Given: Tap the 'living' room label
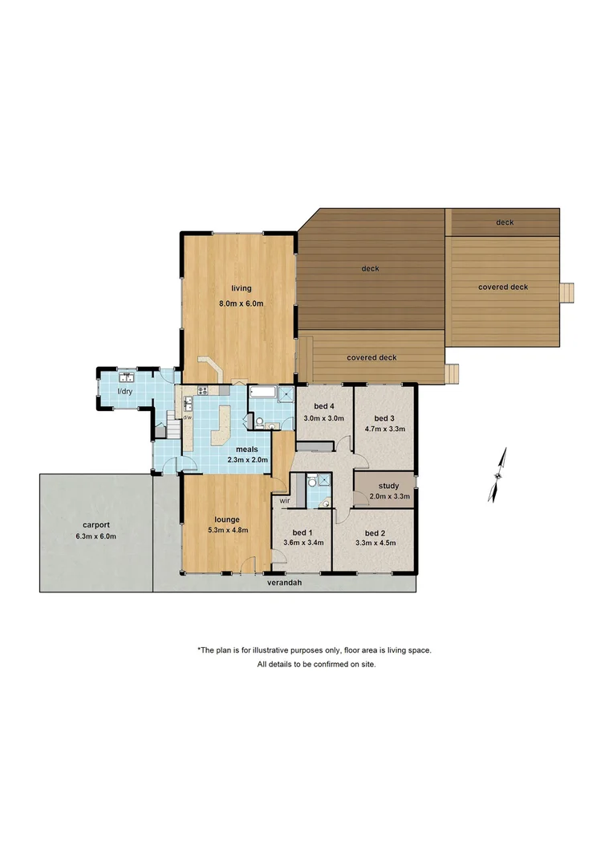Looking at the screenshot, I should [241, 288].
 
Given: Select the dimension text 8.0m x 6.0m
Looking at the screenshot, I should [241, 303].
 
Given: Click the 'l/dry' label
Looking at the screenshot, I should [124, 391].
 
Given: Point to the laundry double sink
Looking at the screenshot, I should [127, 377].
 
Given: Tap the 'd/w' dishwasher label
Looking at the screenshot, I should [187, 417].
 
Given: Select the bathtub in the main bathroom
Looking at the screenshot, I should [262, 393].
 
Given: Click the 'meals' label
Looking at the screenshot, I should [246, 449].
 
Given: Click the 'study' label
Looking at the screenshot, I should [388, 486].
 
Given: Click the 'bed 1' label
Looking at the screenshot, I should [301, 533].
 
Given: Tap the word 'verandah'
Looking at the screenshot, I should [284, 584].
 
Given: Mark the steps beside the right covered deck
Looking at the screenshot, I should [569, 292].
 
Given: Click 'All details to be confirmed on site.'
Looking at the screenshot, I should [316, 665].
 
